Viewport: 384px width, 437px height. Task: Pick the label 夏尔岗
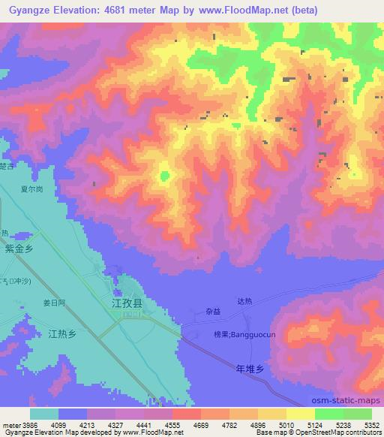[x=31, y=190]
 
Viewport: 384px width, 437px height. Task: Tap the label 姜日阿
[x=55, y=303]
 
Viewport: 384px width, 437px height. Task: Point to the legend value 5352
[x=370, y=424]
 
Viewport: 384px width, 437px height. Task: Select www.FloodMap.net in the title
[x=238, y=11]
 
